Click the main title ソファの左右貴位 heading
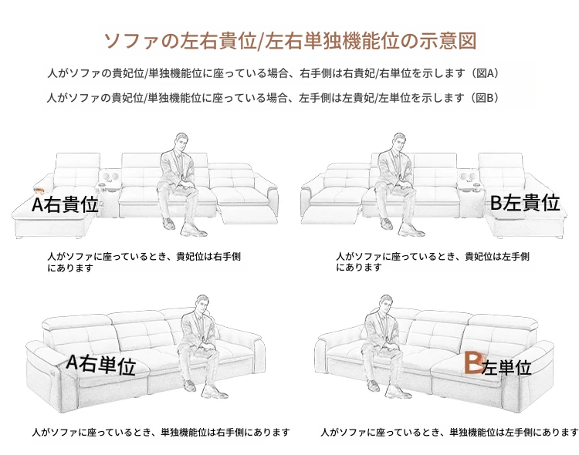tap(290, 41)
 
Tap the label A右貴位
tap(65, 204)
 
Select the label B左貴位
tap(525, 202)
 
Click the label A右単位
tap(101, 364)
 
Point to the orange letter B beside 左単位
tap(473, 362)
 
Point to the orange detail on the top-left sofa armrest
tap(39, 190)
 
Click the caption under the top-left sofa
tap(144, 262)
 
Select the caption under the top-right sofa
tap(432, 261)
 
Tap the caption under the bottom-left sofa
tap(161, 432)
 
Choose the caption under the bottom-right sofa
tap(449, 432)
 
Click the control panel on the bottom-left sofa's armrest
tap(56, 369)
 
